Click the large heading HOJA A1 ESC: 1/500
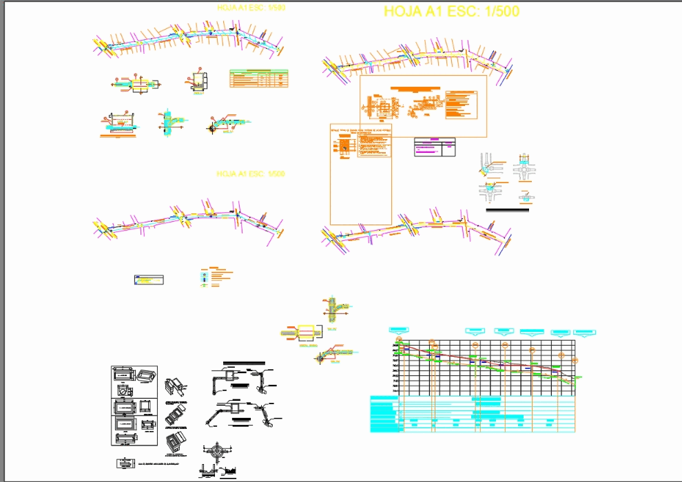click(451, 12)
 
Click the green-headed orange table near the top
click(259, 78)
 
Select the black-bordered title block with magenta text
click(435, 147)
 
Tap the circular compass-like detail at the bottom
click(218, 453)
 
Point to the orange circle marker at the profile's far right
click(577, 360)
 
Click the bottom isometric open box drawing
click(176, 441)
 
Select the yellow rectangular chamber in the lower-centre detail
click(308, 333)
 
